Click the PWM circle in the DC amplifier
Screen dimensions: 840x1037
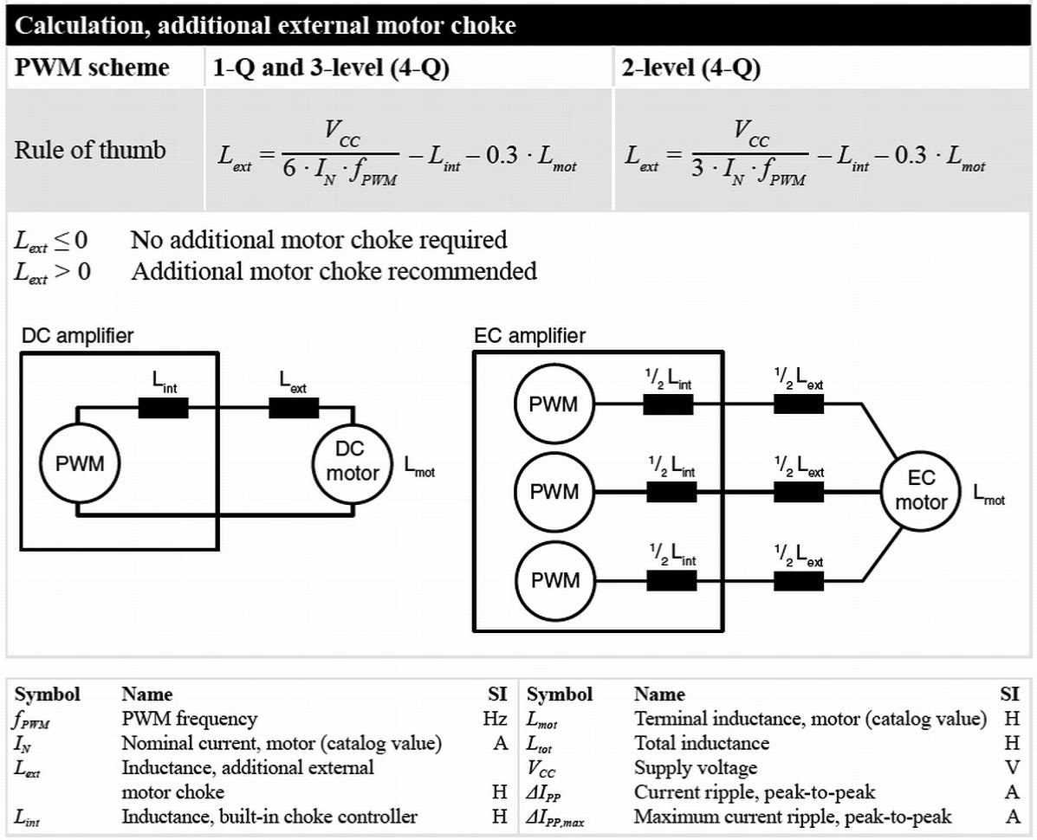(80, 463)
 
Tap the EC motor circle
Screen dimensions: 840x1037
(921, 490)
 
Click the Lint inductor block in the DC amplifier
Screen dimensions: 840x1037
(163, 408)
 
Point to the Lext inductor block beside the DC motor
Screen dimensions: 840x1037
(294, 408)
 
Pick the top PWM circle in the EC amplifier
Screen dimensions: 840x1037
(554, 404)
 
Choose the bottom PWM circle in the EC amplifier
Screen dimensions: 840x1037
(554, 579)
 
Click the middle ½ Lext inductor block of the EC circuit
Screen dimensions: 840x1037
(799, 492)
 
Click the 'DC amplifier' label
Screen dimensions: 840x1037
(77, 335)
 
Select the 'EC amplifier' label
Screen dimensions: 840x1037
(529, 335)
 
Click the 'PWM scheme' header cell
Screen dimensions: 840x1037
(92, 68)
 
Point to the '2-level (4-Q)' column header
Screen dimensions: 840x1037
(690, 68)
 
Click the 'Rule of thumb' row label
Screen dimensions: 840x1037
(89, 150)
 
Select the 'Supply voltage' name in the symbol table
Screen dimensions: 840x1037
(695, 767)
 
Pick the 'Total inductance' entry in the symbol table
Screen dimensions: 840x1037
(701, 743)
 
